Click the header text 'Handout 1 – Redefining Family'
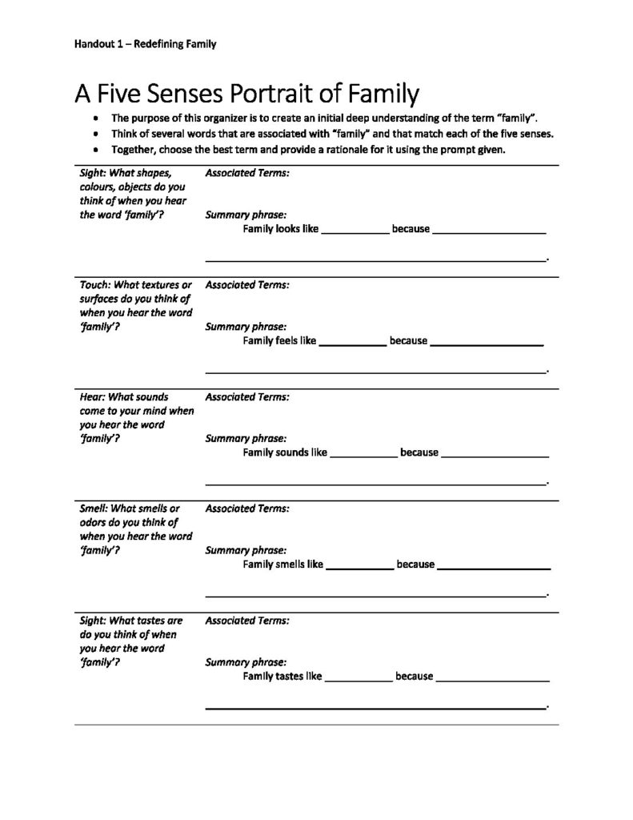click(146, 44)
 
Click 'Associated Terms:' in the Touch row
click(247, 284)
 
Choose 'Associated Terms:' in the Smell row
click(247, 508)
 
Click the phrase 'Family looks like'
click(280, 229)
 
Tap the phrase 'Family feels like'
click(279, 341)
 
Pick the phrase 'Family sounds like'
click(285, 452)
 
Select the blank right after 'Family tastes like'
click(359, 678)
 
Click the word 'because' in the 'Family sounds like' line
click(419, 452)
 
